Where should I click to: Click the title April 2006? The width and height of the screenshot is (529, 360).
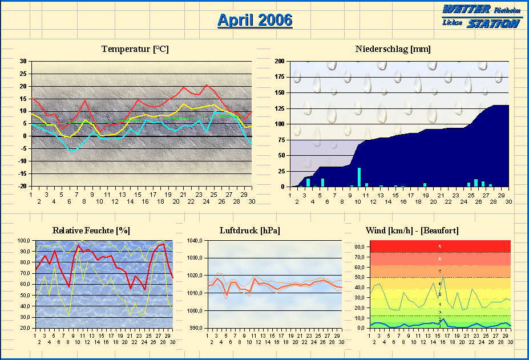(255, 20)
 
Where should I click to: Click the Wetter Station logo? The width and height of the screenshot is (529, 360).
(482, 16)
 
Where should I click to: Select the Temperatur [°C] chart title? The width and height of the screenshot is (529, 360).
(135, 49)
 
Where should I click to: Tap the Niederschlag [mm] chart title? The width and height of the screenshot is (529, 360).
(393, 49)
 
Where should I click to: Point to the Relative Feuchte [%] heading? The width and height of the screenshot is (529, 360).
(91, 230)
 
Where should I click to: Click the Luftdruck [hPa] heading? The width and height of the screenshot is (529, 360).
(250, 230)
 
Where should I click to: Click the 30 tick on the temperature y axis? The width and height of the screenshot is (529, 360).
(23, 61)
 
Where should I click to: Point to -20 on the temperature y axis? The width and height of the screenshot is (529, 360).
(22, 186)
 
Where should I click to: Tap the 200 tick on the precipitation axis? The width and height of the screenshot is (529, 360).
(280, 61)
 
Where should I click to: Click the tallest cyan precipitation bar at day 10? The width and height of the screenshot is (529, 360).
(359, 177)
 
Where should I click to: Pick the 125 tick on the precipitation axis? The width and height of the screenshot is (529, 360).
(280, 108)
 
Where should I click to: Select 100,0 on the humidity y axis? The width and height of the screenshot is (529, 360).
(23, 241)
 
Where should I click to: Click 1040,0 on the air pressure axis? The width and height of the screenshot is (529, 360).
(195, 241)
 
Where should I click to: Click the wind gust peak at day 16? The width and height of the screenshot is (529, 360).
(443, 277)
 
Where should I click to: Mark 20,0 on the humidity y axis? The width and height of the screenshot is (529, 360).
(25, 328)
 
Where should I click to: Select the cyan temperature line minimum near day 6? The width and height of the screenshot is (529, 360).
(70, 152)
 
